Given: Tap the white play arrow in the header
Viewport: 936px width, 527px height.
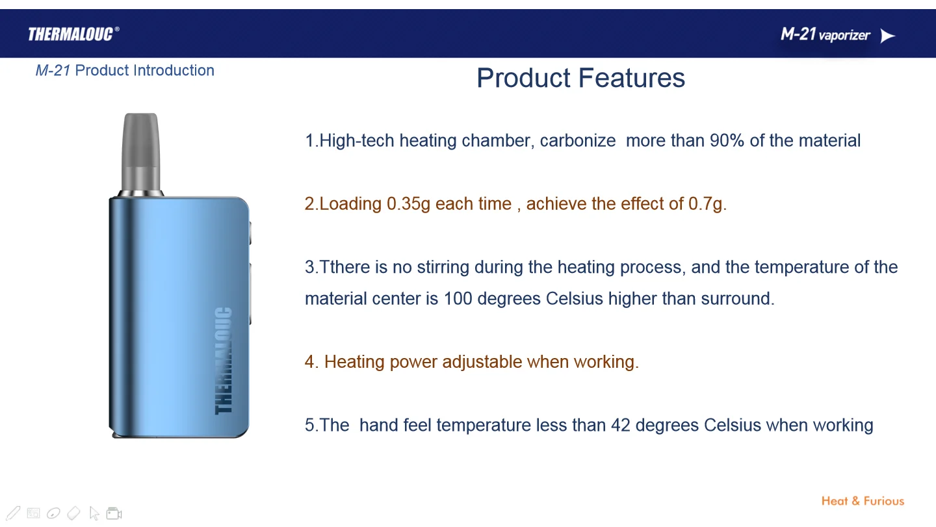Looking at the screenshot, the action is point(887,36).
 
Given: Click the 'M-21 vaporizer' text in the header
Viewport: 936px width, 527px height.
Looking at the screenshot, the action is point(825,34).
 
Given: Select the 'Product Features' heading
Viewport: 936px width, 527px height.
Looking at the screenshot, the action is point(581,78).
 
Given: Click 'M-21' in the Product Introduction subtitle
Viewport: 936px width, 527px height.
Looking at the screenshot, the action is point(53,71).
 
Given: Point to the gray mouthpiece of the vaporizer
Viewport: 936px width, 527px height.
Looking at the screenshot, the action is point(141,153).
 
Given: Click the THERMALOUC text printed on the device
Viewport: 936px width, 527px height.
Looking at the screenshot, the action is point(223,361).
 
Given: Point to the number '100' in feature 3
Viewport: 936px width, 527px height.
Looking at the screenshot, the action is point(458,299).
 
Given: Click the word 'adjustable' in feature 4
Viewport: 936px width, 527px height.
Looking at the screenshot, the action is point(482,363).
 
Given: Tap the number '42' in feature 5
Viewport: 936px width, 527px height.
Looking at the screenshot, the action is point(621,425).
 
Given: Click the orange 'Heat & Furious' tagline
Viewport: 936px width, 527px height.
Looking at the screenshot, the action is point(863,501).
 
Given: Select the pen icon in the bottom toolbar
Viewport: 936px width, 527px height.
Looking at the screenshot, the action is point(13,513).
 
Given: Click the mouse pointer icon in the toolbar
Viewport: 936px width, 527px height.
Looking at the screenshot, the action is point(94,513).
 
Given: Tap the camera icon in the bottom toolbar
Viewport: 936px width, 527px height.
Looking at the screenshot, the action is point(114,513).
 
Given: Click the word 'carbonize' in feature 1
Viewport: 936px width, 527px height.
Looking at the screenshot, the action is point(577,141).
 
